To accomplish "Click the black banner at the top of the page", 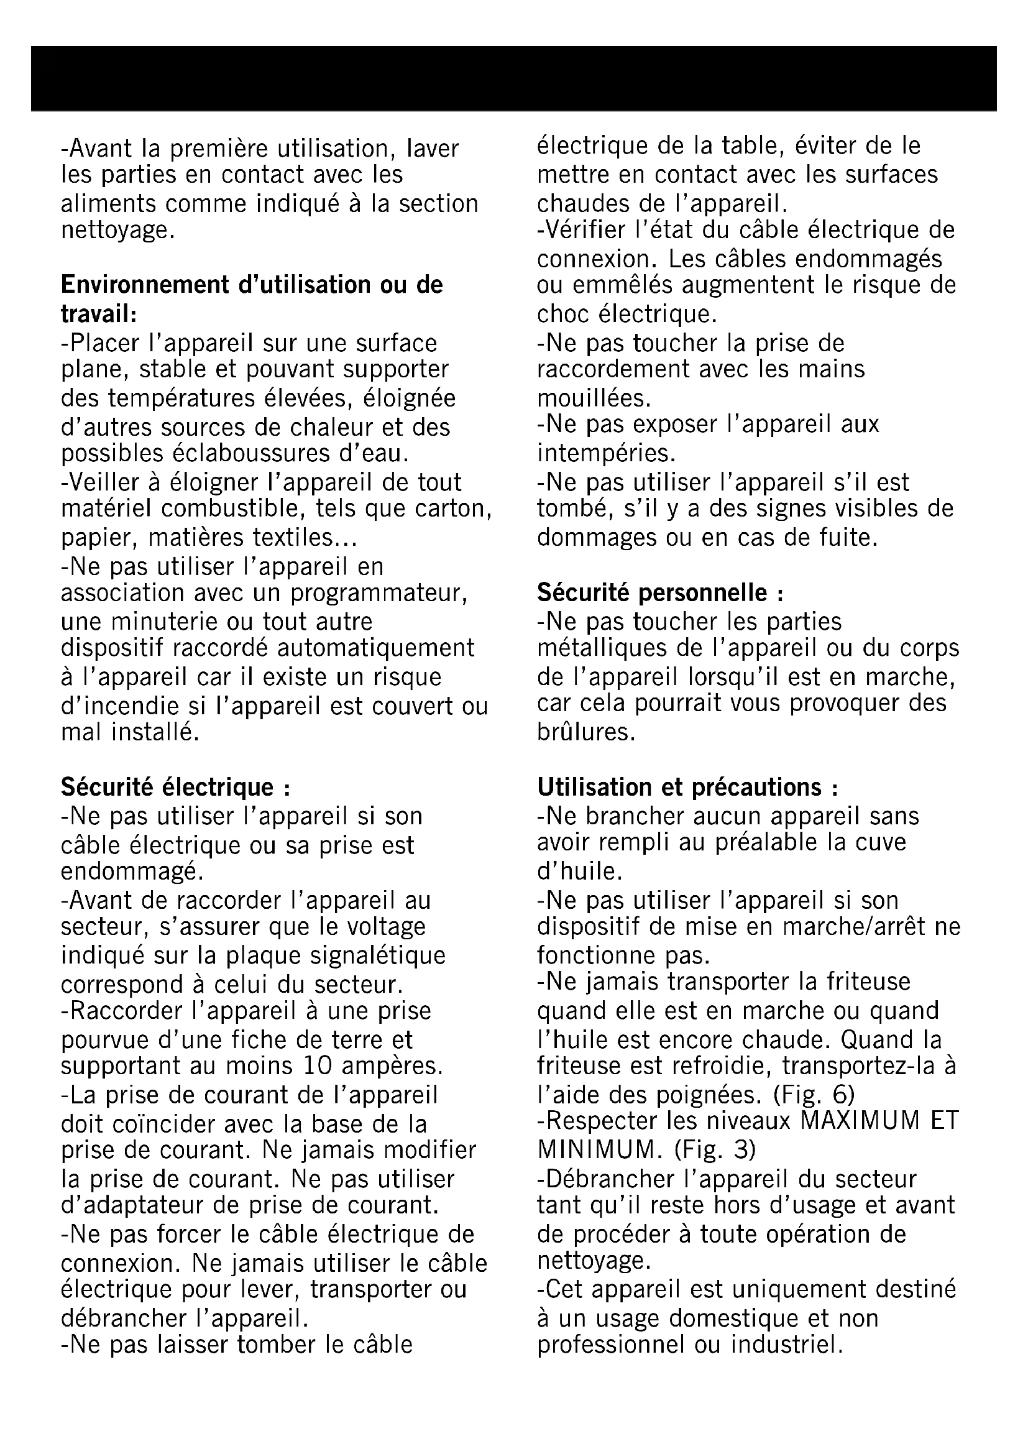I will tap(514, 78).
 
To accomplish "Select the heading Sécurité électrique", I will tap(175, 787).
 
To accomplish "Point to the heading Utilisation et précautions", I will tap(687, 787).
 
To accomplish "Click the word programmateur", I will tap(379, 594).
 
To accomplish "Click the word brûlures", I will tap(586, 732).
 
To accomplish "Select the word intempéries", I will tap(607, 453).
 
